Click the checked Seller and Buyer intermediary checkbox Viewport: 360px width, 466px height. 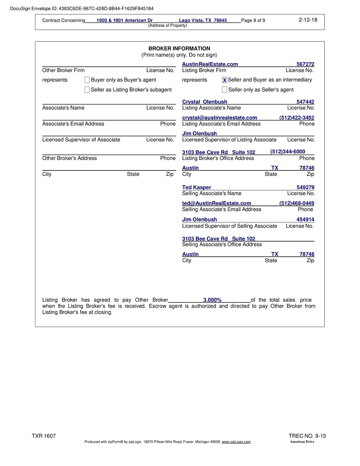click(x=224, y=80)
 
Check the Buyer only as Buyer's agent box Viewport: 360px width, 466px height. click(x=87, y=80)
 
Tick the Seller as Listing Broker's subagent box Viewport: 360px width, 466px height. click(x=87, y=90)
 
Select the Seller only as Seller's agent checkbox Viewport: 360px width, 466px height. click(x=224, y=90)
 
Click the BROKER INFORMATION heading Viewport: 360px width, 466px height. click(x=179, y=49)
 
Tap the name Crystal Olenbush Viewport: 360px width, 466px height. click(x=205, y=102)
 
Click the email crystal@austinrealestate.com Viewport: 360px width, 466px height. click(x=219, y=118)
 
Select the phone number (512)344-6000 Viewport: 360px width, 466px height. click(x=287, y=152)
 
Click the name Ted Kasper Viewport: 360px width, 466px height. click(x=197, y=188)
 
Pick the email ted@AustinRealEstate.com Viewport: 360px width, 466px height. click(x=216, y=203)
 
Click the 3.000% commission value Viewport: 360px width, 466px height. click(x=212, y=300)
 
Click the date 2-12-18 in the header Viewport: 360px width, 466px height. click(x=308, y=20)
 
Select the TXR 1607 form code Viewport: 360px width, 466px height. click(x=44, y=436)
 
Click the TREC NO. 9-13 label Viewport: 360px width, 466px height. click(x=307, y=436)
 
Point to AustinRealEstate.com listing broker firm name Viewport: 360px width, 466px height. click(x=210, y=64)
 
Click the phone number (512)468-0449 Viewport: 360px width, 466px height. click(x=297, y=203)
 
